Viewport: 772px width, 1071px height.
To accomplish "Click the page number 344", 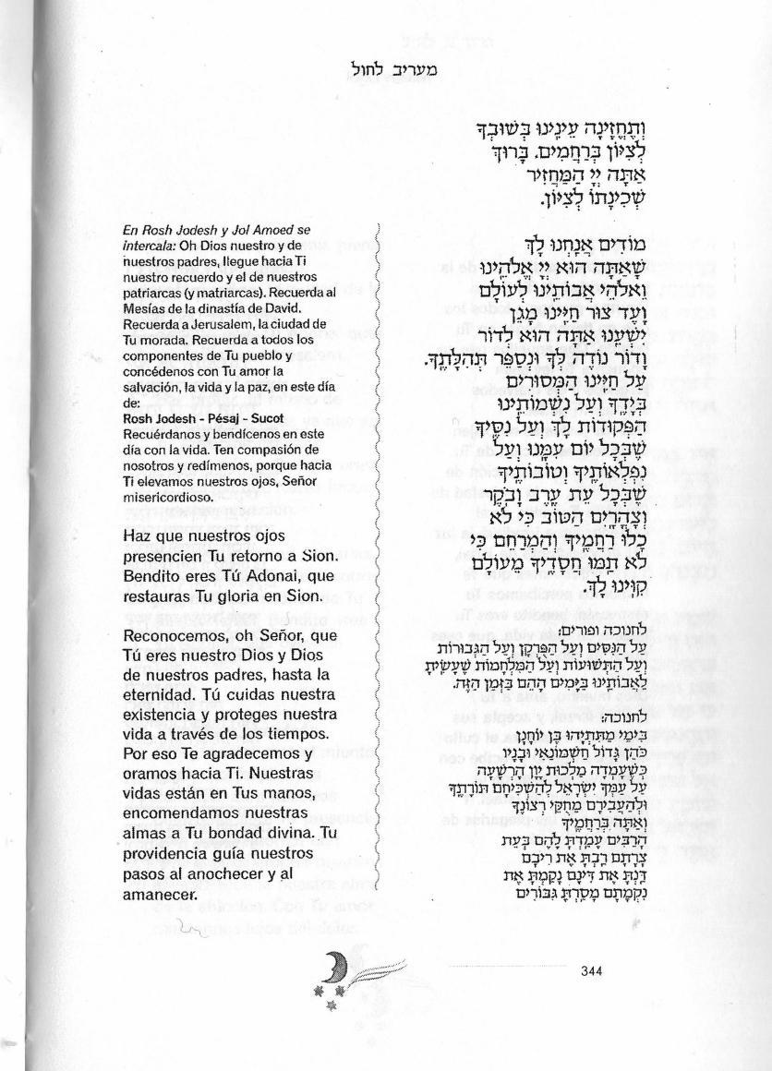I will pos(591,969).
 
